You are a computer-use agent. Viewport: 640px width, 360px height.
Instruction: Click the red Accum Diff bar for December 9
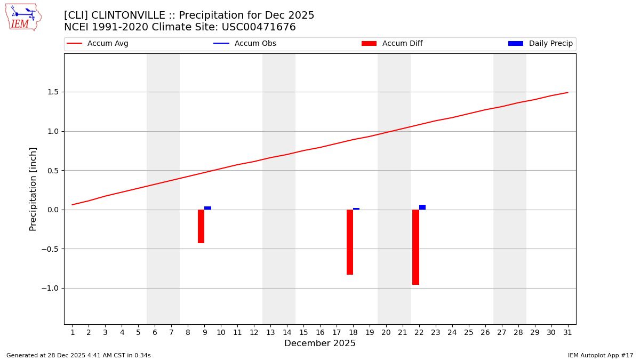point(201,226)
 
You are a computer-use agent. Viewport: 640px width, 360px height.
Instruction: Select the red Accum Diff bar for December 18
point(350,242)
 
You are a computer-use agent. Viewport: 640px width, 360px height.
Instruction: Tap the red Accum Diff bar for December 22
point(415,247)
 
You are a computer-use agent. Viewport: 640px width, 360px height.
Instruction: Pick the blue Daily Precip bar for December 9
point(207,208)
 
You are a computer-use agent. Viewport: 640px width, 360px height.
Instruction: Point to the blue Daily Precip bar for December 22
point(422,207)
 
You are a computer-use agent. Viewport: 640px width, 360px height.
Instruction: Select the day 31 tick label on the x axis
point(567,333)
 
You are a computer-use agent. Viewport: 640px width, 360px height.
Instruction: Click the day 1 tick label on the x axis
point(73,333)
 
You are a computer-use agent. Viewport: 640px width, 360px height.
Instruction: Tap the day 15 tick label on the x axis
point(303,333)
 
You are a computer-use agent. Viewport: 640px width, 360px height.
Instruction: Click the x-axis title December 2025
point(320,343)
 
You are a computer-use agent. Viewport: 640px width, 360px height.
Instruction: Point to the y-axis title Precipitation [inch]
point(33,189)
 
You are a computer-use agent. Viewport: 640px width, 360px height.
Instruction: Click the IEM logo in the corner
point(23,17)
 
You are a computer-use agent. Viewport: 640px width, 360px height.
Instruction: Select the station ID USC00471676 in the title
point(259,27)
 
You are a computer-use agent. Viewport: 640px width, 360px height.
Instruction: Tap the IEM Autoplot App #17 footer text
point(601,355)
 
